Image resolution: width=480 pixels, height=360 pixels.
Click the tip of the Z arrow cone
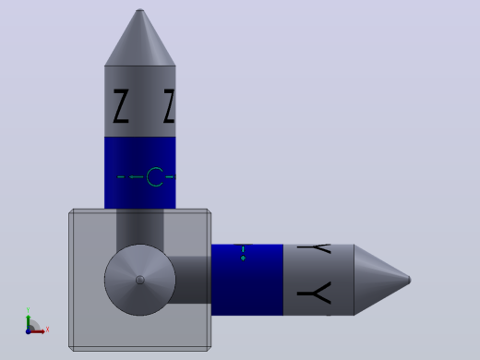(x=140, y=9)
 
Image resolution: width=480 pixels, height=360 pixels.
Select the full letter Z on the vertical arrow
(x=121, y=106)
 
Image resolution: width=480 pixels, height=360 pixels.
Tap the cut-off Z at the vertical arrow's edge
(x=170, y=106)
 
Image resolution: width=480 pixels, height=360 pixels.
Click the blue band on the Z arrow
(x=140, y=173)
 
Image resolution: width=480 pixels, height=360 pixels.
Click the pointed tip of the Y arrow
(x=410, y=280)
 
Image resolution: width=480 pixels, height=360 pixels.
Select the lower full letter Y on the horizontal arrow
(x=315, y=294)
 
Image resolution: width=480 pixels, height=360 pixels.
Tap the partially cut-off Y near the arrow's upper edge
(x=315, y=248)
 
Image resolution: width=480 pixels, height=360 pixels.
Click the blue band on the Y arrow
(x=247, y=280)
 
